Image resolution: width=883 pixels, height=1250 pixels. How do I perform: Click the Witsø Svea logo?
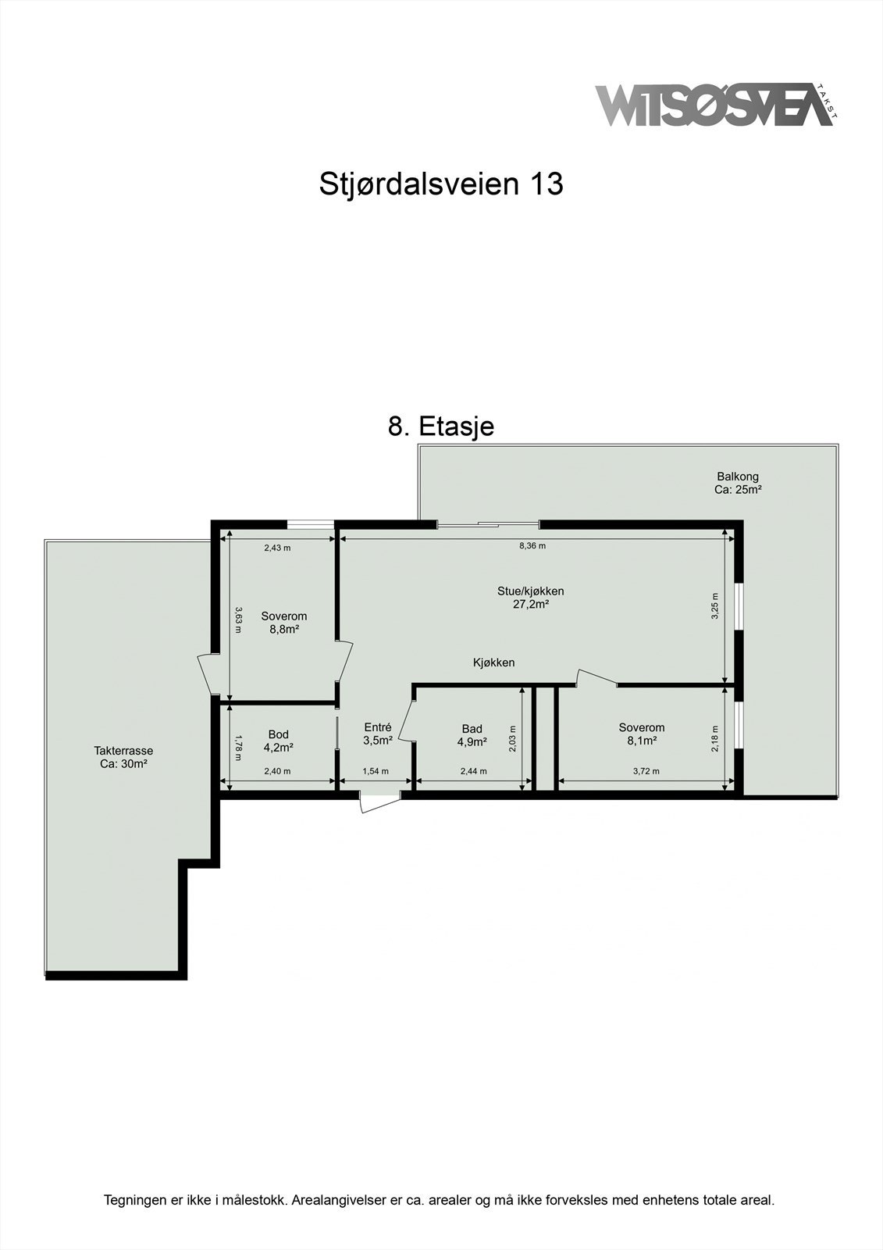pyautogui.click(x=714, y=105)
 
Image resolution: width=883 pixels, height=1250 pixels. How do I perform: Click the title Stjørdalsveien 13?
pyautogui.click(x=441, y=184)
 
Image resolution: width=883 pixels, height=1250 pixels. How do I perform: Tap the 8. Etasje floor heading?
pyautogui.click(x=441, y=427)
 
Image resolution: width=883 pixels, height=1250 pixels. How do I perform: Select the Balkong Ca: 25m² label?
pyautogui.click(x=737, y=483)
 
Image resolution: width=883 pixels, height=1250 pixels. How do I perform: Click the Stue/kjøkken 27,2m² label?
pyautogui.click(x=531, y=597)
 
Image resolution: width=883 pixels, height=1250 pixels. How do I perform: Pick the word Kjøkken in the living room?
pyautogui.click(x=493, y=662)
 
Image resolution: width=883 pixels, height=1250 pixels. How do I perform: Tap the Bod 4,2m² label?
pyautogui.click(x=278, y=741)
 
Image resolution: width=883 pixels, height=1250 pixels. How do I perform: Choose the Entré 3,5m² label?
pyautogui.click(x=377, y=734)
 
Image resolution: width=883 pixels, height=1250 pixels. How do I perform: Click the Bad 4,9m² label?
pyautogui.click(x=472, y=735)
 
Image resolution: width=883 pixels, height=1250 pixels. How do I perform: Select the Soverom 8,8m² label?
pyautogui.click(x=283, y=622)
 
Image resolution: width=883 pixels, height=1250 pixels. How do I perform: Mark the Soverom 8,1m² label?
pyautogui.click(x=641, y=734)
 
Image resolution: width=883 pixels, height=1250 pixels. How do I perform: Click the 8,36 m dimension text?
pyautogui.click(x=532, y=546)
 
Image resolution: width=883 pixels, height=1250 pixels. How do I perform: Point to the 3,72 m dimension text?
pyautogui.click(x=646, y=771)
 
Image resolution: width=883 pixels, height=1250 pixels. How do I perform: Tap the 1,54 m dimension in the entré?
pyautogui.click(x=376, y=771)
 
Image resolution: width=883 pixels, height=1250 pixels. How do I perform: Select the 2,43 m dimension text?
pyautogui.click(x=276, y=548)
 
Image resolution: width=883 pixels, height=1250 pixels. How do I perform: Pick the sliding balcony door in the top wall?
pyautogui.click(x=487, y=524)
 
